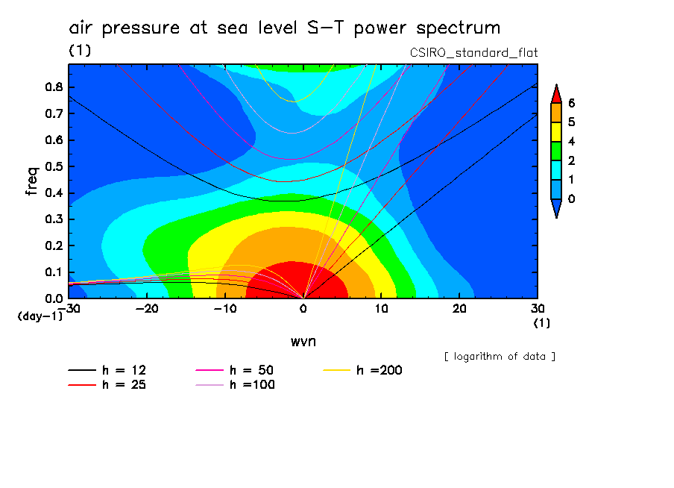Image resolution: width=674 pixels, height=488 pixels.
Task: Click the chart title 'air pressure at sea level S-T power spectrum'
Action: point(284,28)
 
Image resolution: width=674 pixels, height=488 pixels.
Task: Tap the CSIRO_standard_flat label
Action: point(474,52)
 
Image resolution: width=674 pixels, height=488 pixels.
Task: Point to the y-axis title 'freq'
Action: point(31,181)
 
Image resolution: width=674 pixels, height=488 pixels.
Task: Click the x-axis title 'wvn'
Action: point(302,341)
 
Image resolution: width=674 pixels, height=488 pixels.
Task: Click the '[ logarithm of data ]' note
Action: point(500,356)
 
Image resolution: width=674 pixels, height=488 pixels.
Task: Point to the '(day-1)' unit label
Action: point(40,316)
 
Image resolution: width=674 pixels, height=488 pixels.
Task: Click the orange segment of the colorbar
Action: point(555,112)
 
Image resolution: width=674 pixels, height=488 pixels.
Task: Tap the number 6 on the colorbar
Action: point(571,103)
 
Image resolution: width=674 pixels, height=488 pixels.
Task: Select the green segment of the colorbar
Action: point(555,151)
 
